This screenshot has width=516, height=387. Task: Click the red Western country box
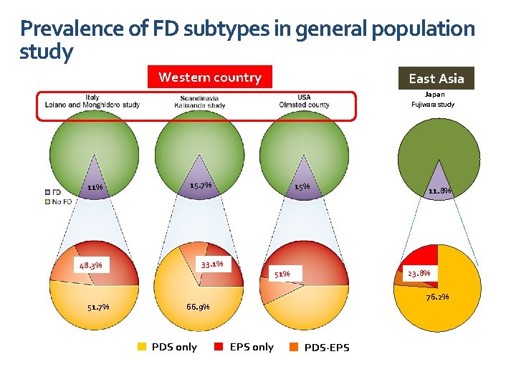(210, 77)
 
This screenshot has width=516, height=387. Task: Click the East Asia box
(436, 78)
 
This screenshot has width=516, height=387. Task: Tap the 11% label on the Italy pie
(95, 188)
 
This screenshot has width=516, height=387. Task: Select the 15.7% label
(201, 186)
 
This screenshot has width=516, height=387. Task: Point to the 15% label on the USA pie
(302, 187)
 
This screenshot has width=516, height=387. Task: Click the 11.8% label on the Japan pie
(439, 191)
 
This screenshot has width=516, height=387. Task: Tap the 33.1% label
(212, 264)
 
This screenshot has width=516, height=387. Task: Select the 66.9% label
(198, 307)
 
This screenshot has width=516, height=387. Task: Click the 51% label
(282, 273)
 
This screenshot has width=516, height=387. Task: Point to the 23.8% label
(419, 273)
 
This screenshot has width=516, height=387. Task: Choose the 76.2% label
(437, 297)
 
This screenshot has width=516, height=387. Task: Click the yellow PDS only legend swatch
(142, 347)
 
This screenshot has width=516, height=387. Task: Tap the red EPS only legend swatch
(219, 347)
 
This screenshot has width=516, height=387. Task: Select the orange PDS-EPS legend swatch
(293, 348)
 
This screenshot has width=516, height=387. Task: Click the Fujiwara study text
(433, 105)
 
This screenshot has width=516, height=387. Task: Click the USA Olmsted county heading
(304, 102)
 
